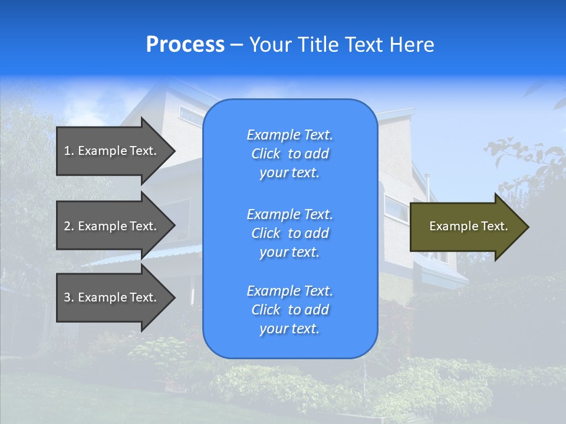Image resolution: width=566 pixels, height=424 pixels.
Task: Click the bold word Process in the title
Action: [185, 45]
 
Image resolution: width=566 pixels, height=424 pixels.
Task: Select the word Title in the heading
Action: [317, 45]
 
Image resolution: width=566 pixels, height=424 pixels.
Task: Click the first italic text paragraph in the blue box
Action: [289, 154]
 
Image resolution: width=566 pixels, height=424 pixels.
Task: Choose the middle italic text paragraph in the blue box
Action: [289, 233]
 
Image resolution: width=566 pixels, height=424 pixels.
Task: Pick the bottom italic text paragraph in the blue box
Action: [289, 310]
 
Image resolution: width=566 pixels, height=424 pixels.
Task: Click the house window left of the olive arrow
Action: [396, 208]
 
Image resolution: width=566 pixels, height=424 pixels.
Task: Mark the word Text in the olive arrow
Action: [494, 226]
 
